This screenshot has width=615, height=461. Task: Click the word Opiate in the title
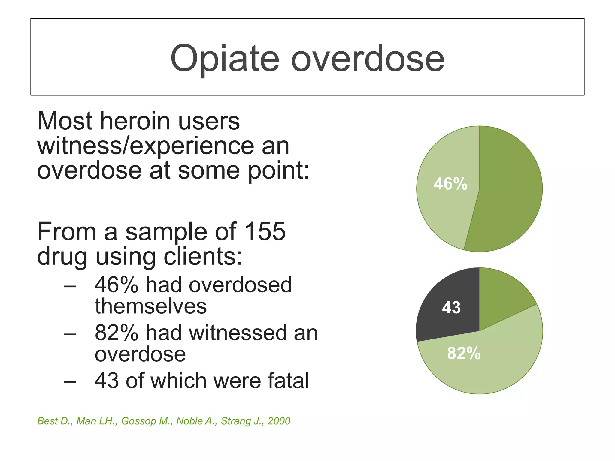tap(225, 59)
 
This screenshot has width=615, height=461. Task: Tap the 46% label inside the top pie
tap(450, 184)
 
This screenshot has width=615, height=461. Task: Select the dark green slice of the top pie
tap(507, 189)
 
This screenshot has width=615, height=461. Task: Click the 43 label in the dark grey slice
tap(451, 308)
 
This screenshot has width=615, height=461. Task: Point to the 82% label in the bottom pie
tap(464, 353)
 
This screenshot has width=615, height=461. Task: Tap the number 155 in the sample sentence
tap(265, 232)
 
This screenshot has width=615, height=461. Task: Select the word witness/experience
tap(146, 146)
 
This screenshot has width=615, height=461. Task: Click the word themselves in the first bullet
tap(151, 306)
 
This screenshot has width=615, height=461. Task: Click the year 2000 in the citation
tap(279, 421)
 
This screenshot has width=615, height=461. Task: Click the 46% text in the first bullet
tap(117, 285)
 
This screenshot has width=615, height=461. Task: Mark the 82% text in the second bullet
tap(117, 333)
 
